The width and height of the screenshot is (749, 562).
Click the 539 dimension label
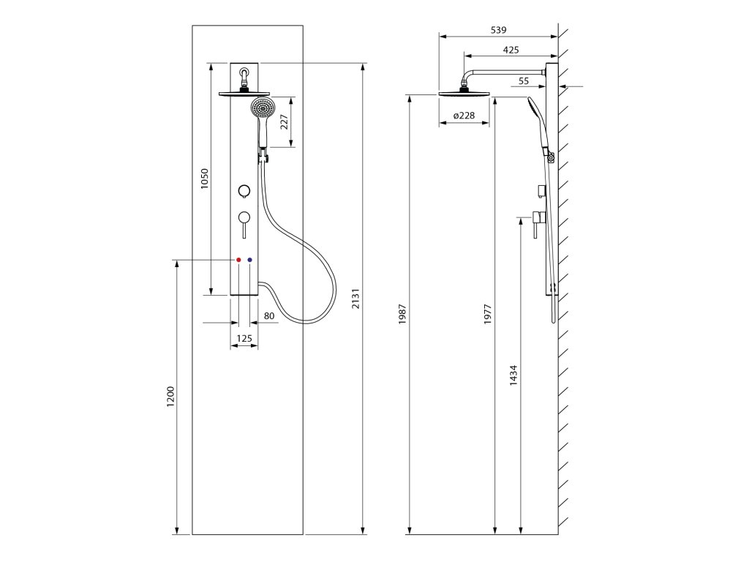tap(497, 30)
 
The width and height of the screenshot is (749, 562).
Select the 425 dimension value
tap(511, 50)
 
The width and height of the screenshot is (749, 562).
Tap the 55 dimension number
tap(524, 81)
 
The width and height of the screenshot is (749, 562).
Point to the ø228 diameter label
tap(464, 116)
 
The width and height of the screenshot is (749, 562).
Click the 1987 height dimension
tap(402, 314)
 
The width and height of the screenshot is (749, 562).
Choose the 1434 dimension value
tap(513, 375)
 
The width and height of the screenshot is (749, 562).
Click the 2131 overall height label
tap(356, 299)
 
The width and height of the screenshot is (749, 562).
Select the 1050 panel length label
tap(205, 180)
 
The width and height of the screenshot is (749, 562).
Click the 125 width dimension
tap(244, 338)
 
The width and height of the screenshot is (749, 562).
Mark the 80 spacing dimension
tap(268, 316)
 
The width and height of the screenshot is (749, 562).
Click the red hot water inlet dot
tap(238, 260)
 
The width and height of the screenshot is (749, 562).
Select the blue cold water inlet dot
tap(250, 260)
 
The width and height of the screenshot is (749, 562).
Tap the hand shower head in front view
tap(262, 109)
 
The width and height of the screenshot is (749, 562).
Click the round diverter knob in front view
tap(244, 191)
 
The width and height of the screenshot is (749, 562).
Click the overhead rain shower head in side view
tap(463, 92)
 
